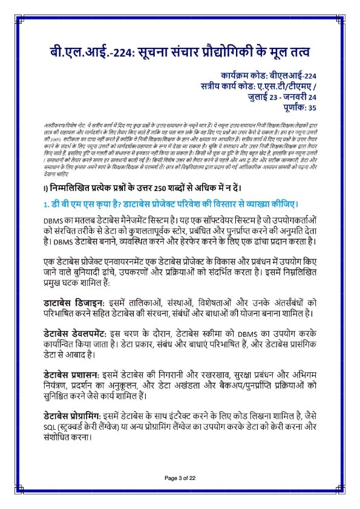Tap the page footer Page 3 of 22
(180, 478)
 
